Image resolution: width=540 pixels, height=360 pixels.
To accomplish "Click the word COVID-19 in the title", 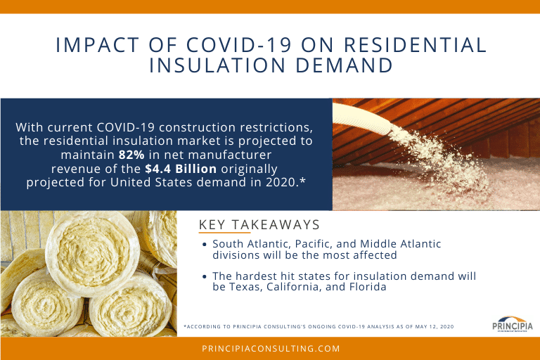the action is point(239,45).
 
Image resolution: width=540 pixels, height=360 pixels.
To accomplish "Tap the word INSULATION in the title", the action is point(217,65).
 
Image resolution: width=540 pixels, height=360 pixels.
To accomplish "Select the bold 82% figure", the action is point(131,155).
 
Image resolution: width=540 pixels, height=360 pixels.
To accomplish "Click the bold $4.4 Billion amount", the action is point(181,169).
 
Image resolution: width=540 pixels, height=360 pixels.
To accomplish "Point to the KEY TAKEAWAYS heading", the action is point(259,224).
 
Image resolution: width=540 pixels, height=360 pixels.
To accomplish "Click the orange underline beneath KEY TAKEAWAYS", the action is point(224,233).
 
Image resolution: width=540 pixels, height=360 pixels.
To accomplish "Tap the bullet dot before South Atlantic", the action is point(205,244).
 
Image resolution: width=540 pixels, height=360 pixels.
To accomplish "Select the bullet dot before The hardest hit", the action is point(205,276).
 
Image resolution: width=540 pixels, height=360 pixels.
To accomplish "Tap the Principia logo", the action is point(513,324).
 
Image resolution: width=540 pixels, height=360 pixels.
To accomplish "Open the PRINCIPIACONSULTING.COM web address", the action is point(271,349).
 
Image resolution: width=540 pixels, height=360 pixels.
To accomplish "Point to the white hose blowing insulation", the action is point(361,119).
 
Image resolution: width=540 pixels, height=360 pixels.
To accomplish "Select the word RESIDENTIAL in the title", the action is point(415,45).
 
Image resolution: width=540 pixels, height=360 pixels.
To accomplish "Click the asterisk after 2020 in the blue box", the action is point(302,180).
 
